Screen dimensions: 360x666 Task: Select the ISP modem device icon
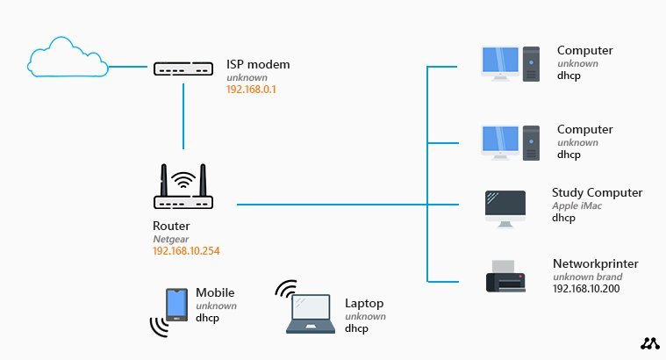click(x=183, y=68)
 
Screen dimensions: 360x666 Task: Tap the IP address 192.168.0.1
click(x=250, y=90)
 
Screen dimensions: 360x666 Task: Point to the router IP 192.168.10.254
click(x=186, y=250)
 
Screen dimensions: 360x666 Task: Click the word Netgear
click(x=170, y=238)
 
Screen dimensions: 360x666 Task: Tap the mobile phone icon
click(x=176, y=304)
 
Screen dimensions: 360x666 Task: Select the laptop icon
click(x=311, y=314)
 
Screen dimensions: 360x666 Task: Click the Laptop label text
click(x=364, y=303)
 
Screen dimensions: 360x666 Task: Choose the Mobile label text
click(x=215, y=292)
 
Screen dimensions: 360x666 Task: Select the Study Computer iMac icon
click(x=505, y=208)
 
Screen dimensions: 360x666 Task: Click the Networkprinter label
click(x=595, y=263)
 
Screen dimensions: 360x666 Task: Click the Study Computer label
click(x=597, y=192)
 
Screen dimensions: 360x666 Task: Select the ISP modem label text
click(x=258, y=64)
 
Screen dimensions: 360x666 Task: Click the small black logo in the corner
click(x=649, y=344)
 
